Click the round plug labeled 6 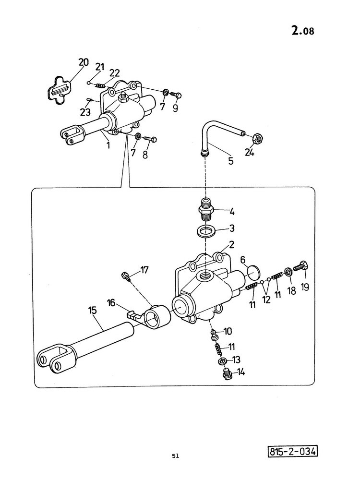[253, 273]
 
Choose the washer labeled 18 [288, 272]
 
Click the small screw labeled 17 [126, 276]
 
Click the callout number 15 [92, 310]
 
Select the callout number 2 [231, 245]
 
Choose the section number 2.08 [303, 30]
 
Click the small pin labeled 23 [90, 99]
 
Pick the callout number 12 [266, 300]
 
